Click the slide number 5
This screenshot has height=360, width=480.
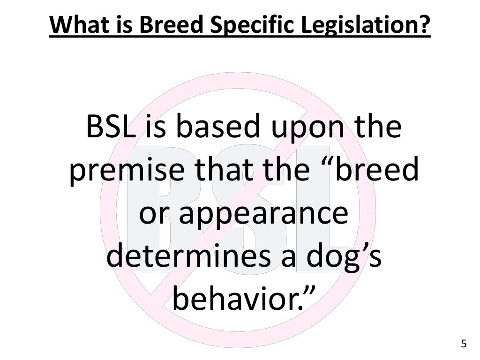click(x=464, y=344)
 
